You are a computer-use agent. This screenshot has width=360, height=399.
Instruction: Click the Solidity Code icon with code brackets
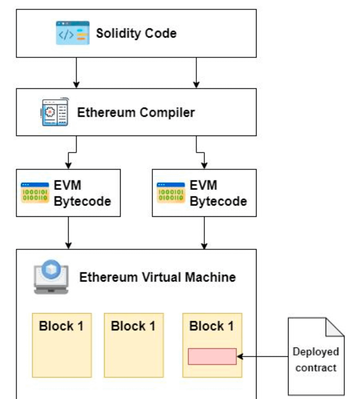click(72, 33)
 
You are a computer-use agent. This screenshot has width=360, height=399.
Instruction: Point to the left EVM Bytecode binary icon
click(35, 193)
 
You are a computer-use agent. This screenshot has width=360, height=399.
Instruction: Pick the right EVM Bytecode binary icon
click(171, 193)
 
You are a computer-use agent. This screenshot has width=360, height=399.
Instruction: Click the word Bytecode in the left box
click(82, 201)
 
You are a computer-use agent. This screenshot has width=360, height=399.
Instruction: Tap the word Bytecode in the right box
click(218, 201)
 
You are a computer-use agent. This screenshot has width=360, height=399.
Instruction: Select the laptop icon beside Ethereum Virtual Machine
click(51, 277)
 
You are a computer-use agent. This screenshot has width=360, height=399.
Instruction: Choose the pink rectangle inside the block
click(212, 357)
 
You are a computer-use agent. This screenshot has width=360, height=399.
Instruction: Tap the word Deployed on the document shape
click(316, 352)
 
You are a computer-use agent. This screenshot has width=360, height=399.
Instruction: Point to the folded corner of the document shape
click(334, 328)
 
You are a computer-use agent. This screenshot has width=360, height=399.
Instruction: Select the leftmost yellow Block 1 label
click(61, 326)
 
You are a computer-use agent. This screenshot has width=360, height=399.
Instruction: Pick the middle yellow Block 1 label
click(133, 326)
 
